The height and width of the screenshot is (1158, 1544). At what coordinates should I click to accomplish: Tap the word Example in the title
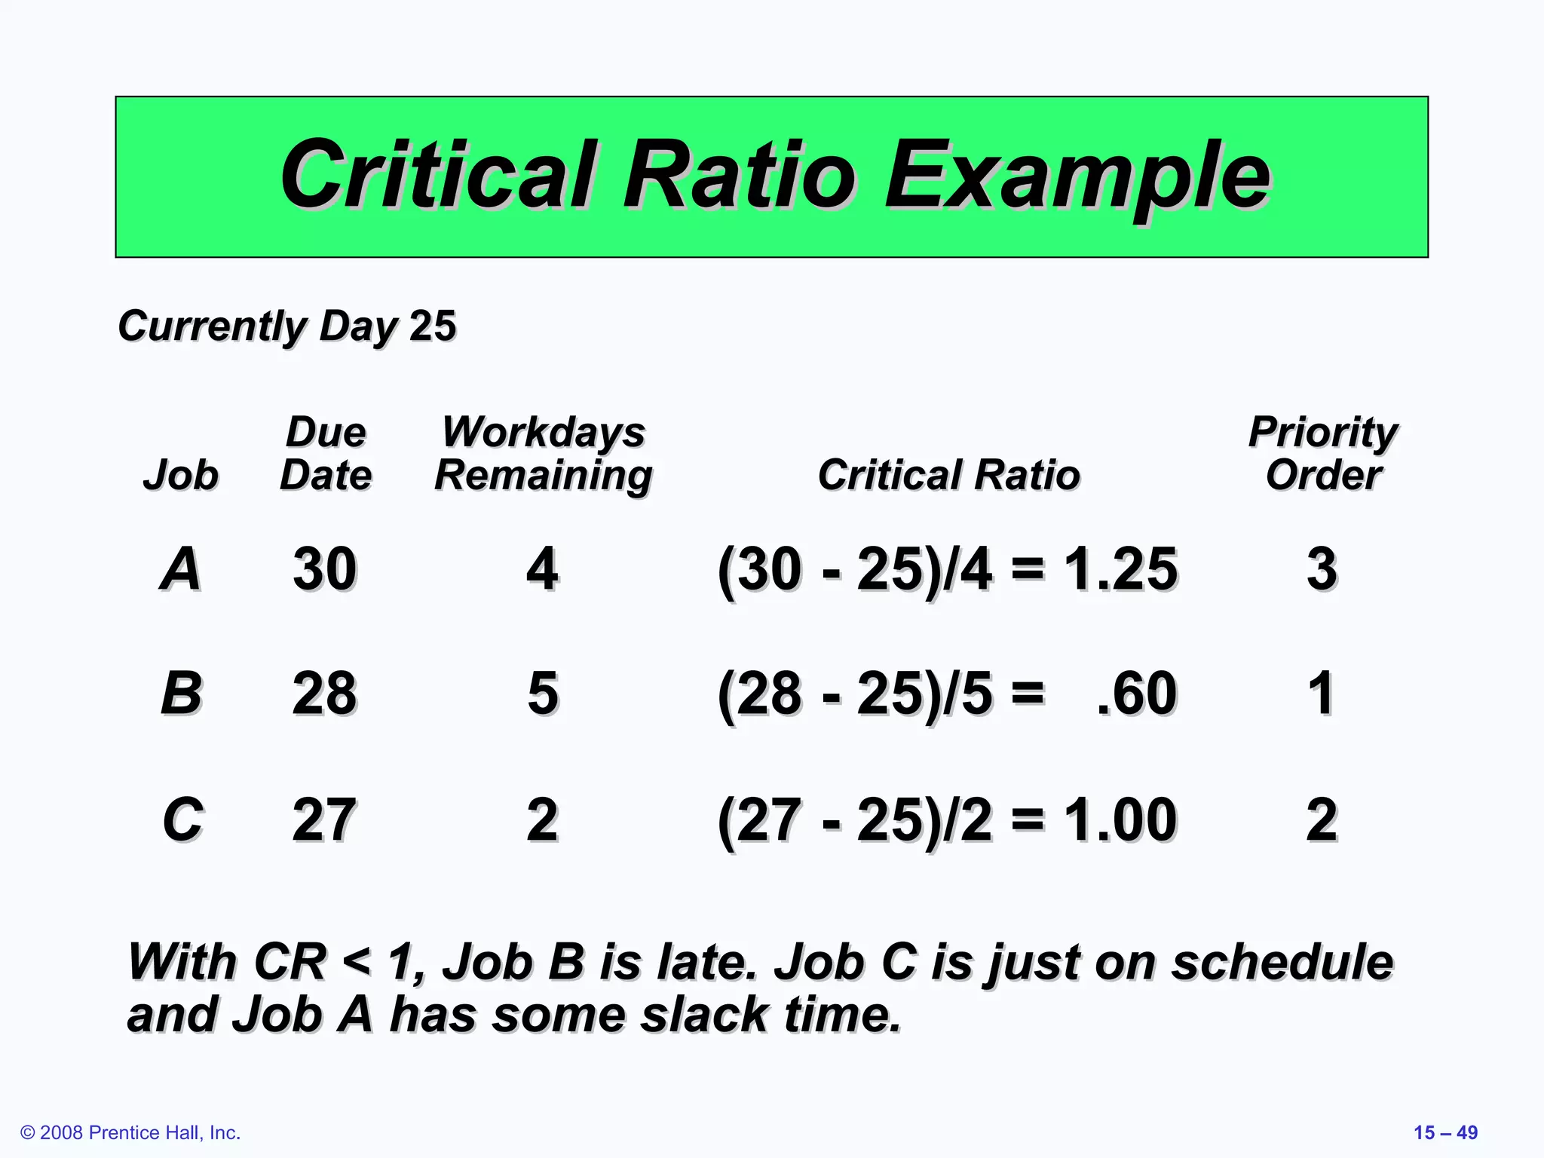1077,177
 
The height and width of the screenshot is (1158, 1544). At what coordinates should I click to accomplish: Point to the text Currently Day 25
287,326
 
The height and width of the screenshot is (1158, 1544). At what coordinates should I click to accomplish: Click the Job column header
181,475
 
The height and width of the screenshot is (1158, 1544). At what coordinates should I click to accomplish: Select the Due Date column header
326,453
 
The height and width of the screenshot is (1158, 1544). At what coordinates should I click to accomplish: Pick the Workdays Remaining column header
544,453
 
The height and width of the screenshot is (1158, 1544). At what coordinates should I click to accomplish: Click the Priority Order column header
1323,453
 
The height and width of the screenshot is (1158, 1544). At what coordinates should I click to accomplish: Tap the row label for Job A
181,568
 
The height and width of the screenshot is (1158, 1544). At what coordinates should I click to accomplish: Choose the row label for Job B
182,693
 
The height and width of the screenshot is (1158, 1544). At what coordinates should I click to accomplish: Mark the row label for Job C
183,819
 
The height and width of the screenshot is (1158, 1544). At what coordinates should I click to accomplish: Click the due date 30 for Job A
325,568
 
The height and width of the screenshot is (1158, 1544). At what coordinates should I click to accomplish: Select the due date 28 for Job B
325,693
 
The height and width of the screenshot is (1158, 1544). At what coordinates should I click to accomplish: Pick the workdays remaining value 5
543,693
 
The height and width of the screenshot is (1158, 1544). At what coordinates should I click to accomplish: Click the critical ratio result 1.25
1120,568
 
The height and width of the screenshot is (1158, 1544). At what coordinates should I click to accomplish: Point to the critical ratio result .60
1137,693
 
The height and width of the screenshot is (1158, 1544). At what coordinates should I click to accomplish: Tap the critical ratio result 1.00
1120,819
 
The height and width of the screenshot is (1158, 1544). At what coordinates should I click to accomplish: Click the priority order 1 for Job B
1322,693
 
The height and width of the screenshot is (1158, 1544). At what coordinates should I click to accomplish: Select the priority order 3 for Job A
1322,568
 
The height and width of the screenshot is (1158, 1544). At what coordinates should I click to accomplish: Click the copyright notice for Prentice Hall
130,1132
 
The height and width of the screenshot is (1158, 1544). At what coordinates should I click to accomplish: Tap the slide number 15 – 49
1445,1132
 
